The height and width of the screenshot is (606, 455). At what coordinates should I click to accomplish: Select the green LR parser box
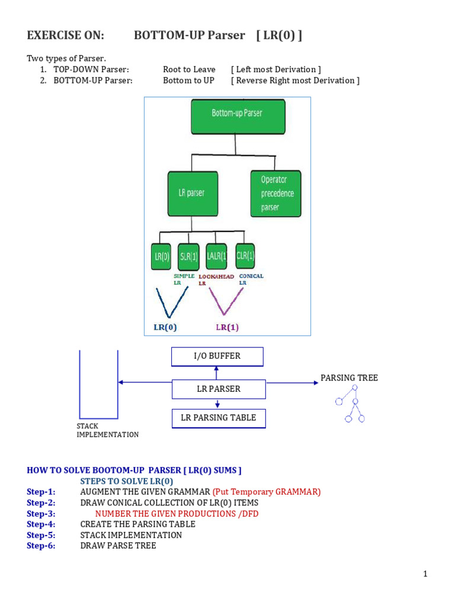(193, 193)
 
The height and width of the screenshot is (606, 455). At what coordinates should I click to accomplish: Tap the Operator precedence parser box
(273, 193)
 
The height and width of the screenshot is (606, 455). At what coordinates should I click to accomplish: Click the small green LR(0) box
(159, 258)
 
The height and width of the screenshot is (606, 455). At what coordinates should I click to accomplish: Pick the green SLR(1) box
(188, 258)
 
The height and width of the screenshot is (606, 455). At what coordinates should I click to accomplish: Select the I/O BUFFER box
(217, 357)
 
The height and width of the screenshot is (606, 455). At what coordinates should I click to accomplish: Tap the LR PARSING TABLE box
(218, 418)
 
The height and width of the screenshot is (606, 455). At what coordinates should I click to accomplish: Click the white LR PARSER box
(218, 389)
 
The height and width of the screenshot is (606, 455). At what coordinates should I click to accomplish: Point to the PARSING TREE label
(349, 378)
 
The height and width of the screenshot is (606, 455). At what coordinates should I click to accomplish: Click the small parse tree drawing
(350, 404)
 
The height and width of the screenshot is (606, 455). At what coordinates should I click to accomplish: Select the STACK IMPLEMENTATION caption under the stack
(107, 430)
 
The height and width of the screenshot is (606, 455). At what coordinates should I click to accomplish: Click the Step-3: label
(41, 514)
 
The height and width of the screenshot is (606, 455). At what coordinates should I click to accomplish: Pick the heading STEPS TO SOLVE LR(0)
(127, 481)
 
